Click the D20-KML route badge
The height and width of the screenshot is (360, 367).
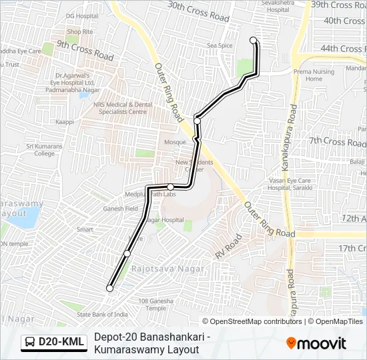[x=54, y=342]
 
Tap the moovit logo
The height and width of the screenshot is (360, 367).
[x=316, y=343]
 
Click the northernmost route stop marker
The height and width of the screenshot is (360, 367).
[x=254, y=41]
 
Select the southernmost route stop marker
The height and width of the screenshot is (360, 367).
[x=109, y=288]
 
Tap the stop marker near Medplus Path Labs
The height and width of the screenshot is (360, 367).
[x=171, y=187]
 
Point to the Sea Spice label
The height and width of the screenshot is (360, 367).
[x=220, y=45]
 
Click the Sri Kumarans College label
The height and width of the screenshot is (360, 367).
[x=40, y=149]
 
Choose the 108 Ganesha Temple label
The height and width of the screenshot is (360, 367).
[x=156, y=304]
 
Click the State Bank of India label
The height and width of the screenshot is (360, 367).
[x=102, y=314]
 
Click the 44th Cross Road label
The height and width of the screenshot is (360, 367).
[x=343, y=49]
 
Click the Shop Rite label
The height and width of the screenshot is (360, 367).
[x=79, y=31]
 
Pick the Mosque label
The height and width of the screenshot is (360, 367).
[x=175, y=143]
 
